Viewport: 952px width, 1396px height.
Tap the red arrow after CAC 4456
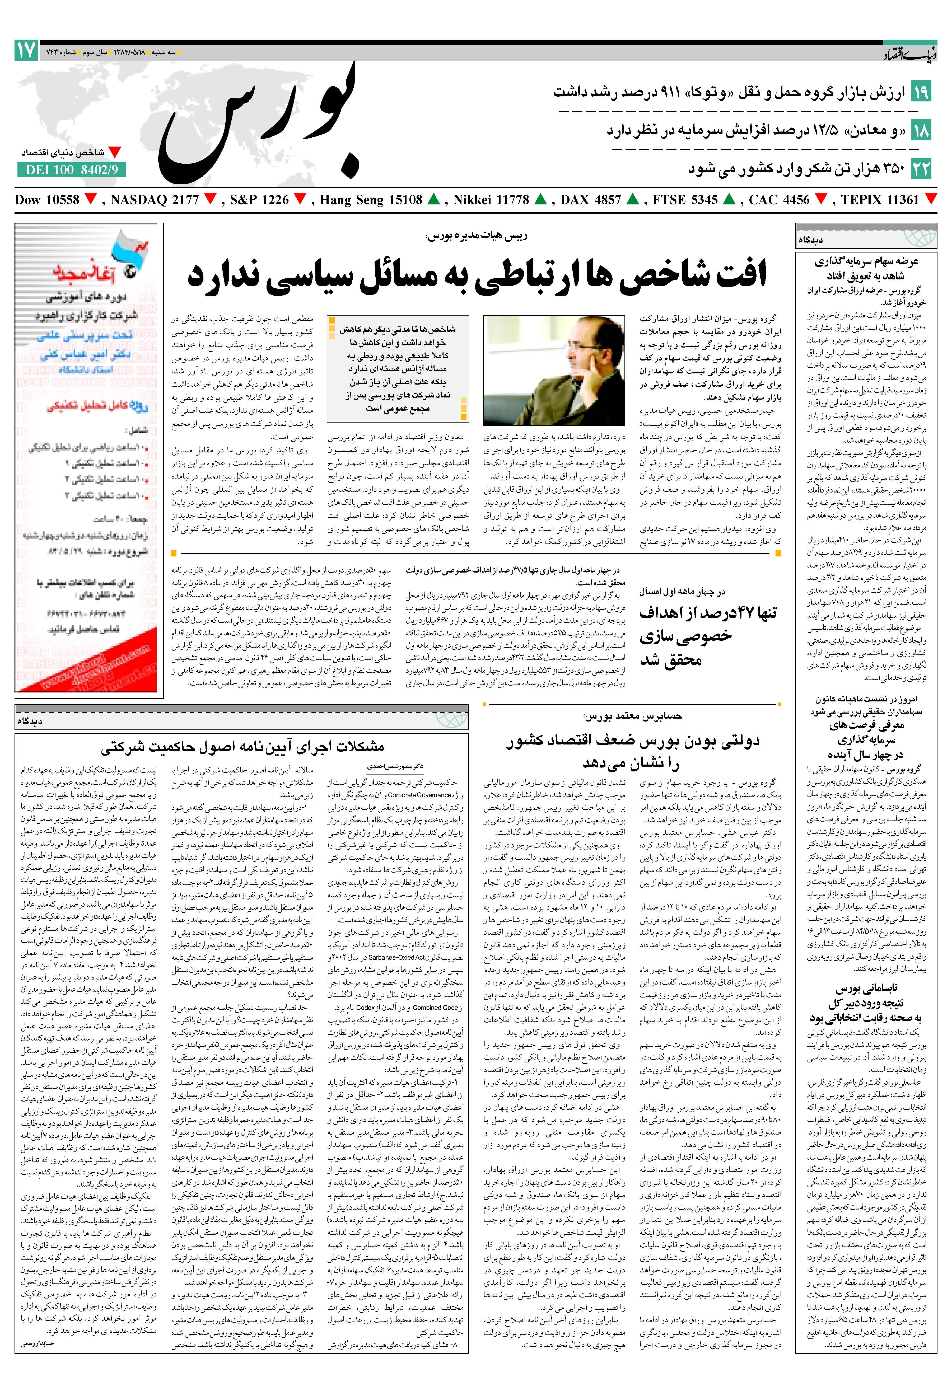[x=821, y=199]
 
